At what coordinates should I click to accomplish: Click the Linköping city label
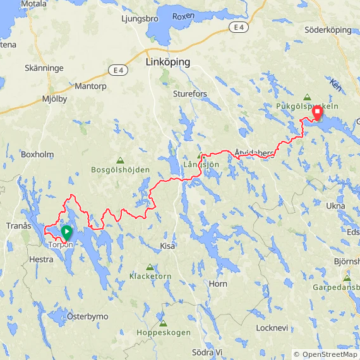click(x=167, y=63)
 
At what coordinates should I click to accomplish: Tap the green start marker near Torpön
click(x=66, y=232)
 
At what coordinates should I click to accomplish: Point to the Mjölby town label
click(x=54, y=99)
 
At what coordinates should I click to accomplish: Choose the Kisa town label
click(x=167, y=246)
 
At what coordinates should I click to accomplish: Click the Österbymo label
click(x=88, y=316)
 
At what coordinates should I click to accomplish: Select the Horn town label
click(x=218, y=284)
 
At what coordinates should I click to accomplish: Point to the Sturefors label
click(x=190, y=94)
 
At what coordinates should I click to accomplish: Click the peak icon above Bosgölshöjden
click(x=120, y=160)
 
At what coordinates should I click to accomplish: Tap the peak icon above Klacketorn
click(x=150, y=267)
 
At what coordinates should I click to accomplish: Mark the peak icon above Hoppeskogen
click(x=163, y=323)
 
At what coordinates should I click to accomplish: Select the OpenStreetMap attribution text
click(x=326, y=354)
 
